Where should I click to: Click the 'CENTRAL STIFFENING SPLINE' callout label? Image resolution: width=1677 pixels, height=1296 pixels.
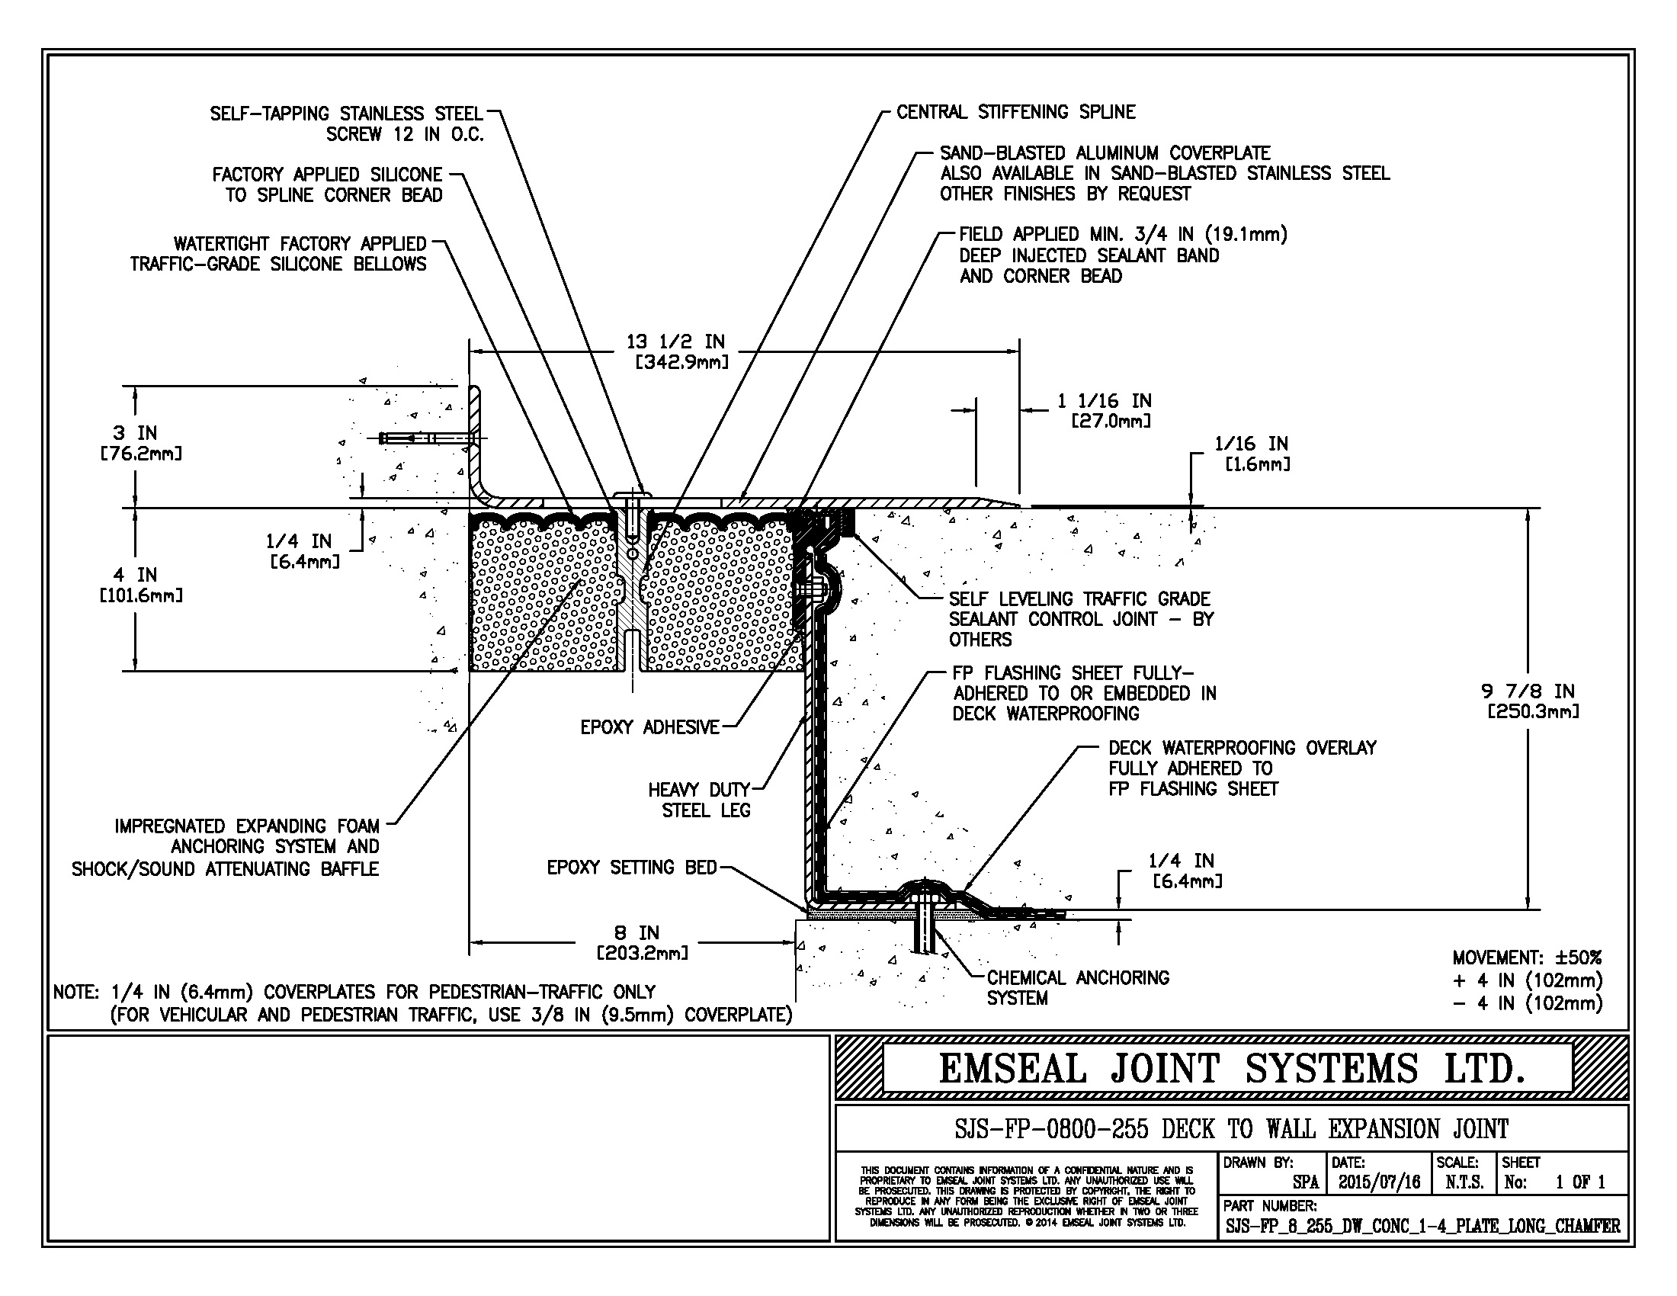[x=1015, y=112]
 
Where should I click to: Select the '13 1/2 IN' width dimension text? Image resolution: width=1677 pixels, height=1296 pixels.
[x=675, y=342]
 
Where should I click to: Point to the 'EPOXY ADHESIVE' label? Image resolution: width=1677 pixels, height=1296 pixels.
[x=649, y=727]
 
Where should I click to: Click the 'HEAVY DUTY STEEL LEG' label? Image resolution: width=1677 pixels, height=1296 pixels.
[x=700, y=800]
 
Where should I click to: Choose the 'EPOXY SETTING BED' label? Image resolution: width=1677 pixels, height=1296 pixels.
[x=631, y=868]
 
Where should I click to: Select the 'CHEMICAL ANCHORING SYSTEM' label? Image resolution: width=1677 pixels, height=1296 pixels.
[x=1077, y=988]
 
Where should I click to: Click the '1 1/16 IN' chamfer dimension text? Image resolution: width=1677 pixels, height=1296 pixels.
[x=1105, y=401]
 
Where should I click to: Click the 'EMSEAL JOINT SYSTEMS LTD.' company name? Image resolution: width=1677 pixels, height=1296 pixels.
[x=1231, y=1069]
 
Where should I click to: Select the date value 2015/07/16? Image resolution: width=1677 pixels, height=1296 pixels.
[x=1379, y=1182]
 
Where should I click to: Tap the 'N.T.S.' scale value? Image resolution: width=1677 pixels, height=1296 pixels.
[x=1464, y=1182]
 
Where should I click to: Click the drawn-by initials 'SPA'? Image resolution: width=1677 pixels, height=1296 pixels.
[x=1305, y=1182]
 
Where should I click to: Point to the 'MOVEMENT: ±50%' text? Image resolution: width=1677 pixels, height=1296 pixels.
[x=1527, y=958]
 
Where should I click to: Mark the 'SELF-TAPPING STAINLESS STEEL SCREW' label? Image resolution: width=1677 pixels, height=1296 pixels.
[x=347, y=124]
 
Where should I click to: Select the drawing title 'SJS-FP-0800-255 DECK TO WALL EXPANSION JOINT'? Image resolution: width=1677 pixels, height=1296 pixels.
[x=1231, y=1129]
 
